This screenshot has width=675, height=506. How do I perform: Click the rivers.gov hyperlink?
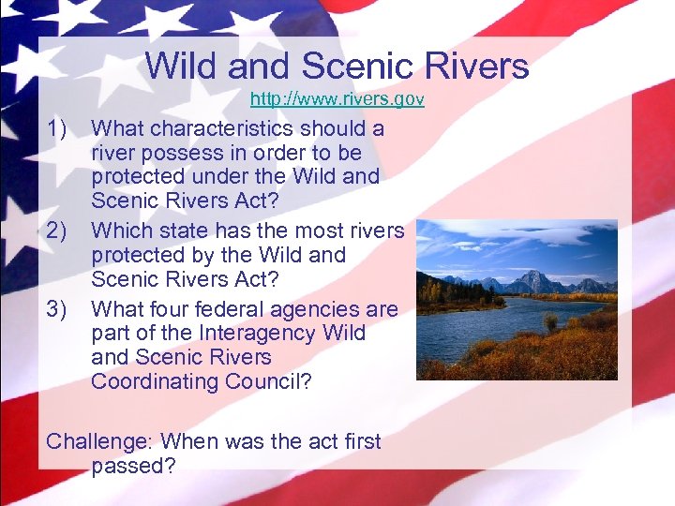(x=337, y=98)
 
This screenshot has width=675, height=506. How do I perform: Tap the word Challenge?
(x=97, y=442)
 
